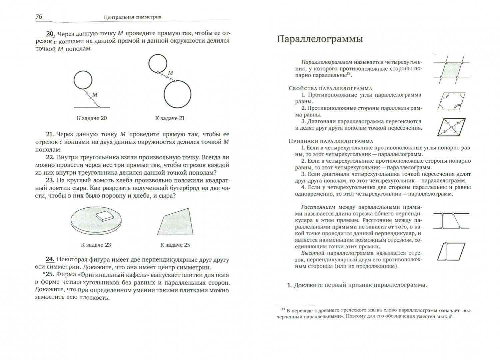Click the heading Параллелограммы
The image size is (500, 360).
coord(320,39)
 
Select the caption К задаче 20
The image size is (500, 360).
coord(92,118)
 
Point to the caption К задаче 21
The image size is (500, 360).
coord(170,118)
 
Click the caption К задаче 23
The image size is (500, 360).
coord(96,245)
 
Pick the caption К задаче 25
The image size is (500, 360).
coord(175,245)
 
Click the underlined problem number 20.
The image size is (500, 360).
coord(50,33)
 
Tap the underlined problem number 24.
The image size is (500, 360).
coord(50,259)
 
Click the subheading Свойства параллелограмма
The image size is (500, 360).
coord(330,88)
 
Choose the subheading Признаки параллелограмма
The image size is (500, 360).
coord(331,141)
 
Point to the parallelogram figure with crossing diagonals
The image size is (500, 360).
coord(451,127)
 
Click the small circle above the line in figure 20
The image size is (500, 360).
coord(83,80)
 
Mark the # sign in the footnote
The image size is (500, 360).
coord(451,317)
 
